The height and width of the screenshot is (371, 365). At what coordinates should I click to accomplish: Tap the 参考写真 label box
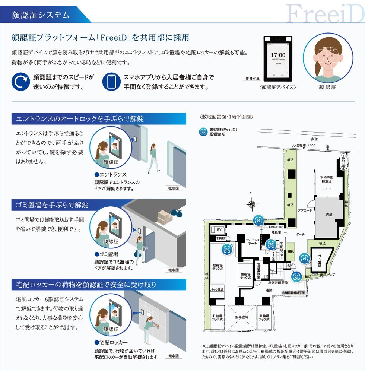[x=253, y=79]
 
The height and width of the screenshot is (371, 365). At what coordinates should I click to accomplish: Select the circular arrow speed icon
[x=21, y=82]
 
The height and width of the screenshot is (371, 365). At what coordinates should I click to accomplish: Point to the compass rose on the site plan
[x=252, y=203]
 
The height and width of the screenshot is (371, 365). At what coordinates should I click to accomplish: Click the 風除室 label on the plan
[x=276, y=232]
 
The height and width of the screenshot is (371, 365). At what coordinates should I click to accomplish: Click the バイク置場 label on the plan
[x=217, y=290]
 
